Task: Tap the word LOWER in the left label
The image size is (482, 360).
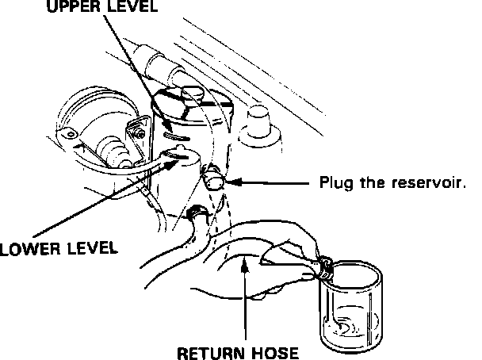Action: click(x=25, y=248)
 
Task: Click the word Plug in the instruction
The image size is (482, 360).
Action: click(x=334, y=182)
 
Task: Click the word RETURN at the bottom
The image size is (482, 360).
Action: click(x=207, y=352)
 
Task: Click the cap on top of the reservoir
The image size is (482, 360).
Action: click(x=193, y=95)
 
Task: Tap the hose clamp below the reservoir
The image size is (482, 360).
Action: click(x=197, y=213)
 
